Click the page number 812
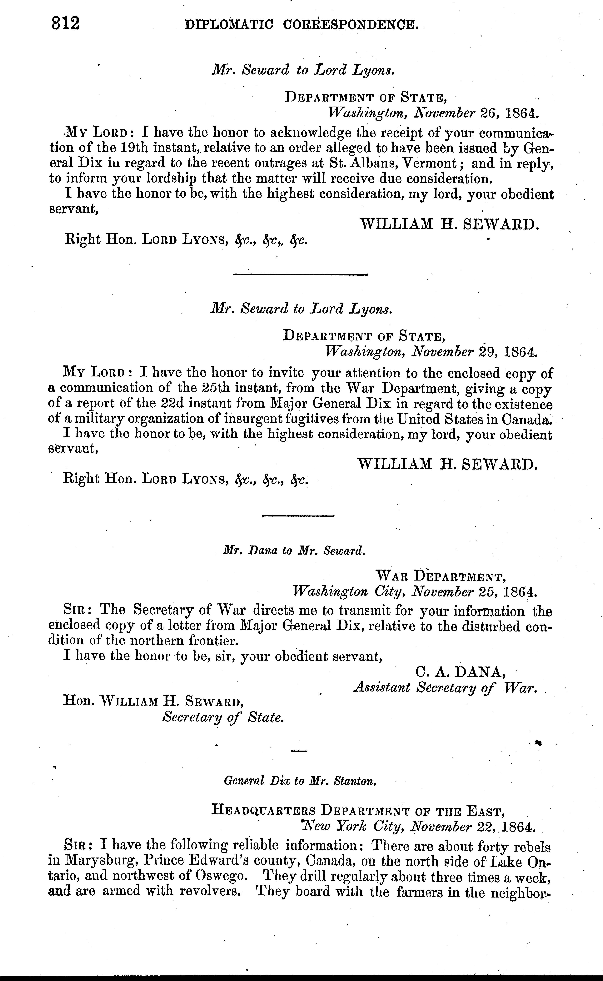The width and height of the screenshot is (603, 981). tap(66, 24)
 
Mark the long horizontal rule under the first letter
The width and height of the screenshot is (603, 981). tap(300, 274)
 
